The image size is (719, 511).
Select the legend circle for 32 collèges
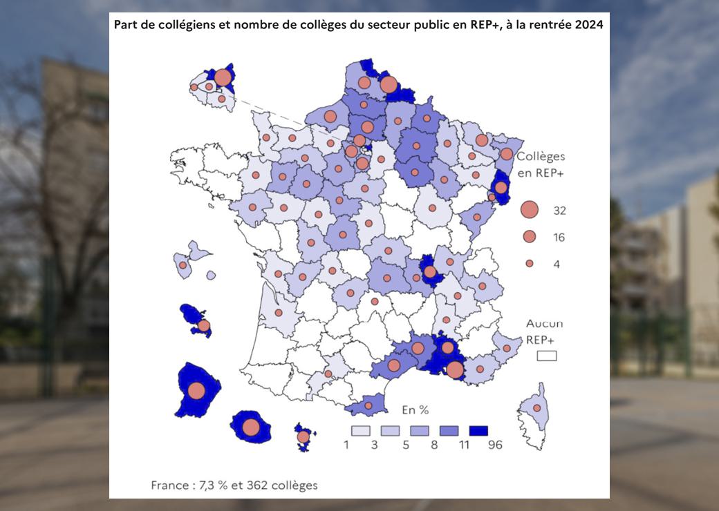point(530,210)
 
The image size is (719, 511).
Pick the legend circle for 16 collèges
point(530,237)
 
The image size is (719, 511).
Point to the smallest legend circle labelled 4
point(530,263)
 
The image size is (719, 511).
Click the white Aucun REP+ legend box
point(547,356)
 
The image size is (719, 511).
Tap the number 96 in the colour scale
point(494,445)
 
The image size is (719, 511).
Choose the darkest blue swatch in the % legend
point(478,430)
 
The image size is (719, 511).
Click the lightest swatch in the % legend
point(360,430)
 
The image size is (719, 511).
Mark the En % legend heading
point(415,409)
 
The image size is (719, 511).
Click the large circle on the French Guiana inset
point(196,391)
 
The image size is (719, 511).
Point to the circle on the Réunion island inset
point(251,427)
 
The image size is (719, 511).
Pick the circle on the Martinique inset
point(203,325)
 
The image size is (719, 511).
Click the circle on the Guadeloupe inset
point(183,264)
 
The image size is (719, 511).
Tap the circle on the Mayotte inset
point(303,436)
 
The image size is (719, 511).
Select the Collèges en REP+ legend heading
point(541,164)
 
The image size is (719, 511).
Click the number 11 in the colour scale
point(464,445)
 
